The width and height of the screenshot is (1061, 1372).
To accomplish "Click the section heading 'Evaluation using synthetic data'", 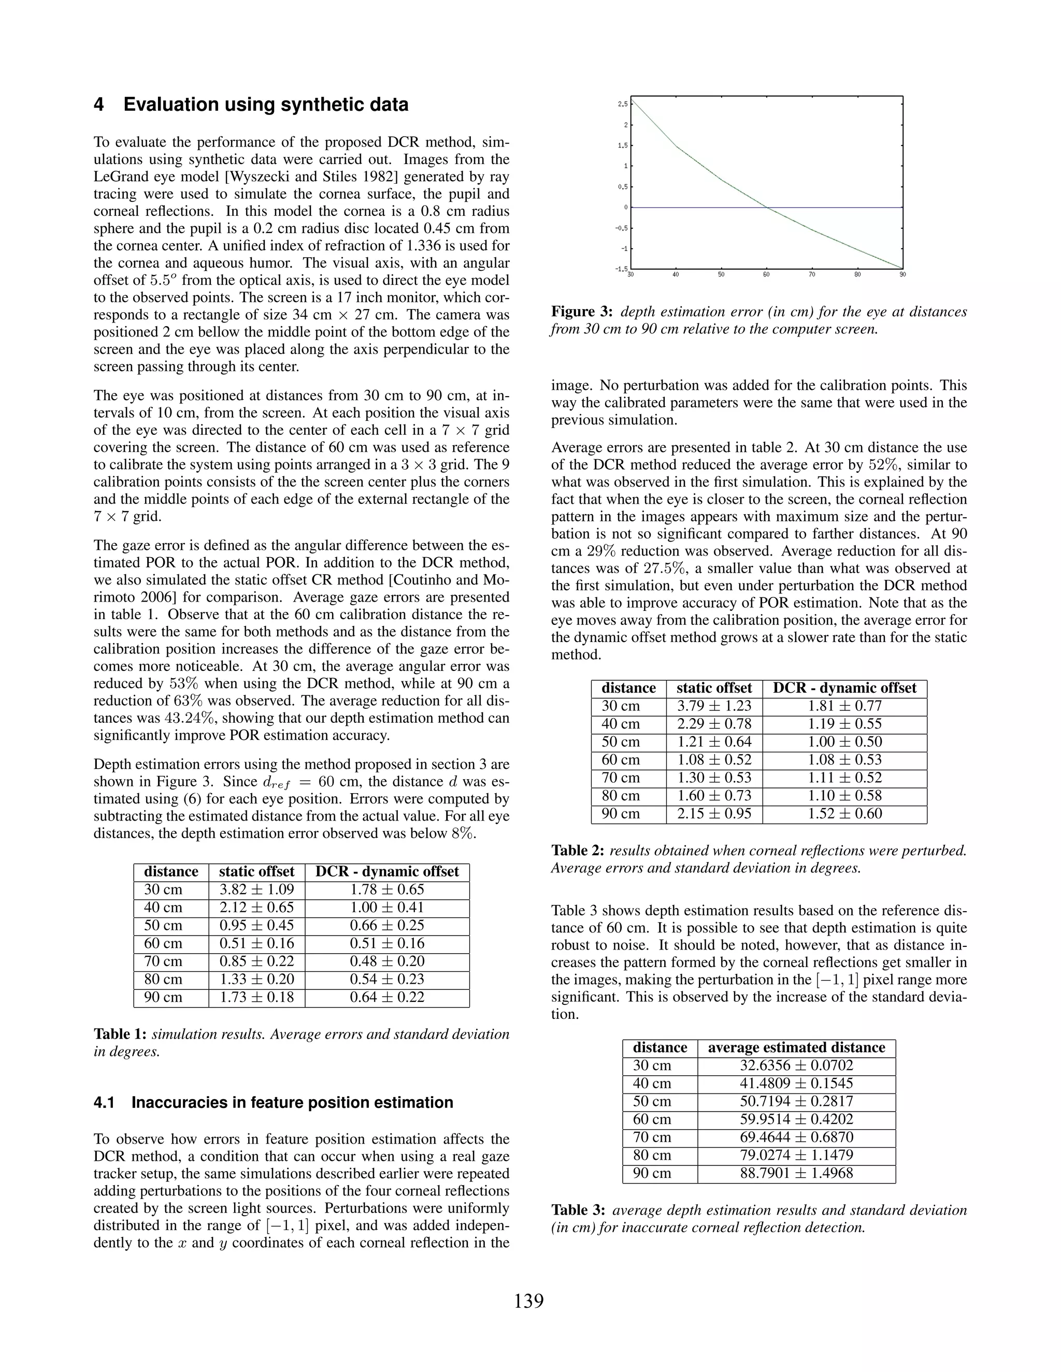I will click(265, 104).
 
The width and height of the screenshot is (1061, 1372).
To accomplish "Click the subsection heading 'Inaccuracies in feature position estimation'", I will click(292, 1102).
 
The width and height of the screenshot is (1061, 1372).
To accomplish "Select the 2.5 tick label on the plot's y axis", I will click(622, 104).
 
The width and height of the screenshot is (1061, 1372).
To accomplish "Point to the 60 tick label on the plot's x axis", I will click(766, 274).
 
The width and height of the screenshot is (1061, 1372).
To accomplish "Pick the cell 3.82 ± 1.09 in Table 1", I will click(256, 889).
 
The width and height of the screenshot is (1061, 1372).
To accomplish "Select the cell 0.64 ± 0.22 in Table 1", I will click(387, 997).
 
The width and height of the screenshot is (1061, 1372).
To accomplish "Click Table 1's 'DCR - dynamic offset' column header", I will click(387, 871).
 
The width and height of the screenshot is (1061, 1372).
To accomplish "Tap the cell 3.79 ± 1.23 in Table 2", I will click(714, 706).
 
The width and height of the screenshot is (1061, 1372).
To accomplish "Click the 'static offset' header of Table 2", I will click(714, 688).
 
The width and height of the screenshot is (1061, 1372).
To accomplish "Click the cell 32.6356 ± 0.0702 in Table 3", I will click(796, 1066).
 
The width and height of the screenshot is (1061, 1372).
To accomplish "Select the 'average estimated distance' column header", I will click(796, 1047).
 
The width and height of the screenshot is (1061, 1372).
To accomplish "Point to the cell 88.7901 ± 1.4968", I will click(796, 1173).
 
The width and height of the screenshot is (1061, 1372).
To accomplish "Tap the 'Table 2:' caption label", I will click(578, 851).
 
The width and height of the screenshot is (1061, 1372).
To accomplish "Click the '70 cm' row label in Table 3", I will click(652, 1137).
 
